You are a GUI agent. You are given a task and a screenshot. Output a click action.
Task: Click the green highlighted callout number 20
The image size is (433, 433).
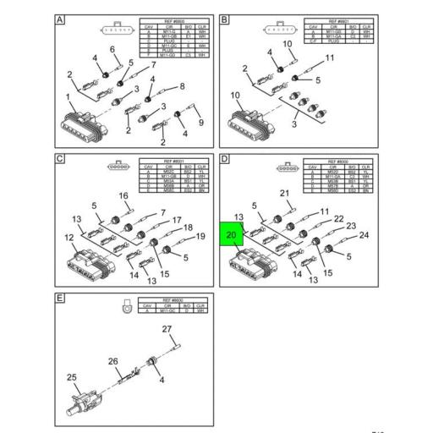[x=232, y=234]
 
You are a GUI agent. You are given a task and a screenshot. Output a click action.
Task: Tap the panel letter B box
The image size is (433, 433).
[x=225, y=19]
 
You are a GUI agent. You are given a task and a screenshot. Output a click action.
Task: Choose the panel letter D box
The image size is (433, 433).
[x=225, y=158]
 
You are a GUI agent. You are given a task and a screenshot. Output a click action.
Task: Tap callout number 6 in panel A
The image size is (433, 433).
[x=112, y=50]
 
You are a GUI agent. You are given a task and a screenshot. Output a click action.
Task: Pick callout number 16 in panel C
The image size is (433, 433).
[x=123, y=195]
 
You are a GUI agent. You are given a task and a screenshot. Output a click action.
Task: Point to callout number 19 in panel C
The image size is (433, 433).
[x=201, y=236]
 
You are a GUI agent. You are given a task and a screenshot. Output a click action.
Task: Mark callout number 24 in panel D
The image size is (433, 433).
[x=365, y=235]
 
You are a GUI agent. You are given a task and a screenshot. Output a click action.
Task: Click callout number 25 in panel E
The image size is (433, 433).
[x=72, y=377]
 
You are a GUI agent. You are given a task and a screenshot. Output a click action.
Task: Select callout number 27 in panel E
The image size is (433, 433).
[x=167, y=329]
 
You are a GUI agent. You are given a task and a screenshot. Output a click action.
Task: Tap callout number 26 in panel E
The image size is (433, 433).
[x=112, y=362]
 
